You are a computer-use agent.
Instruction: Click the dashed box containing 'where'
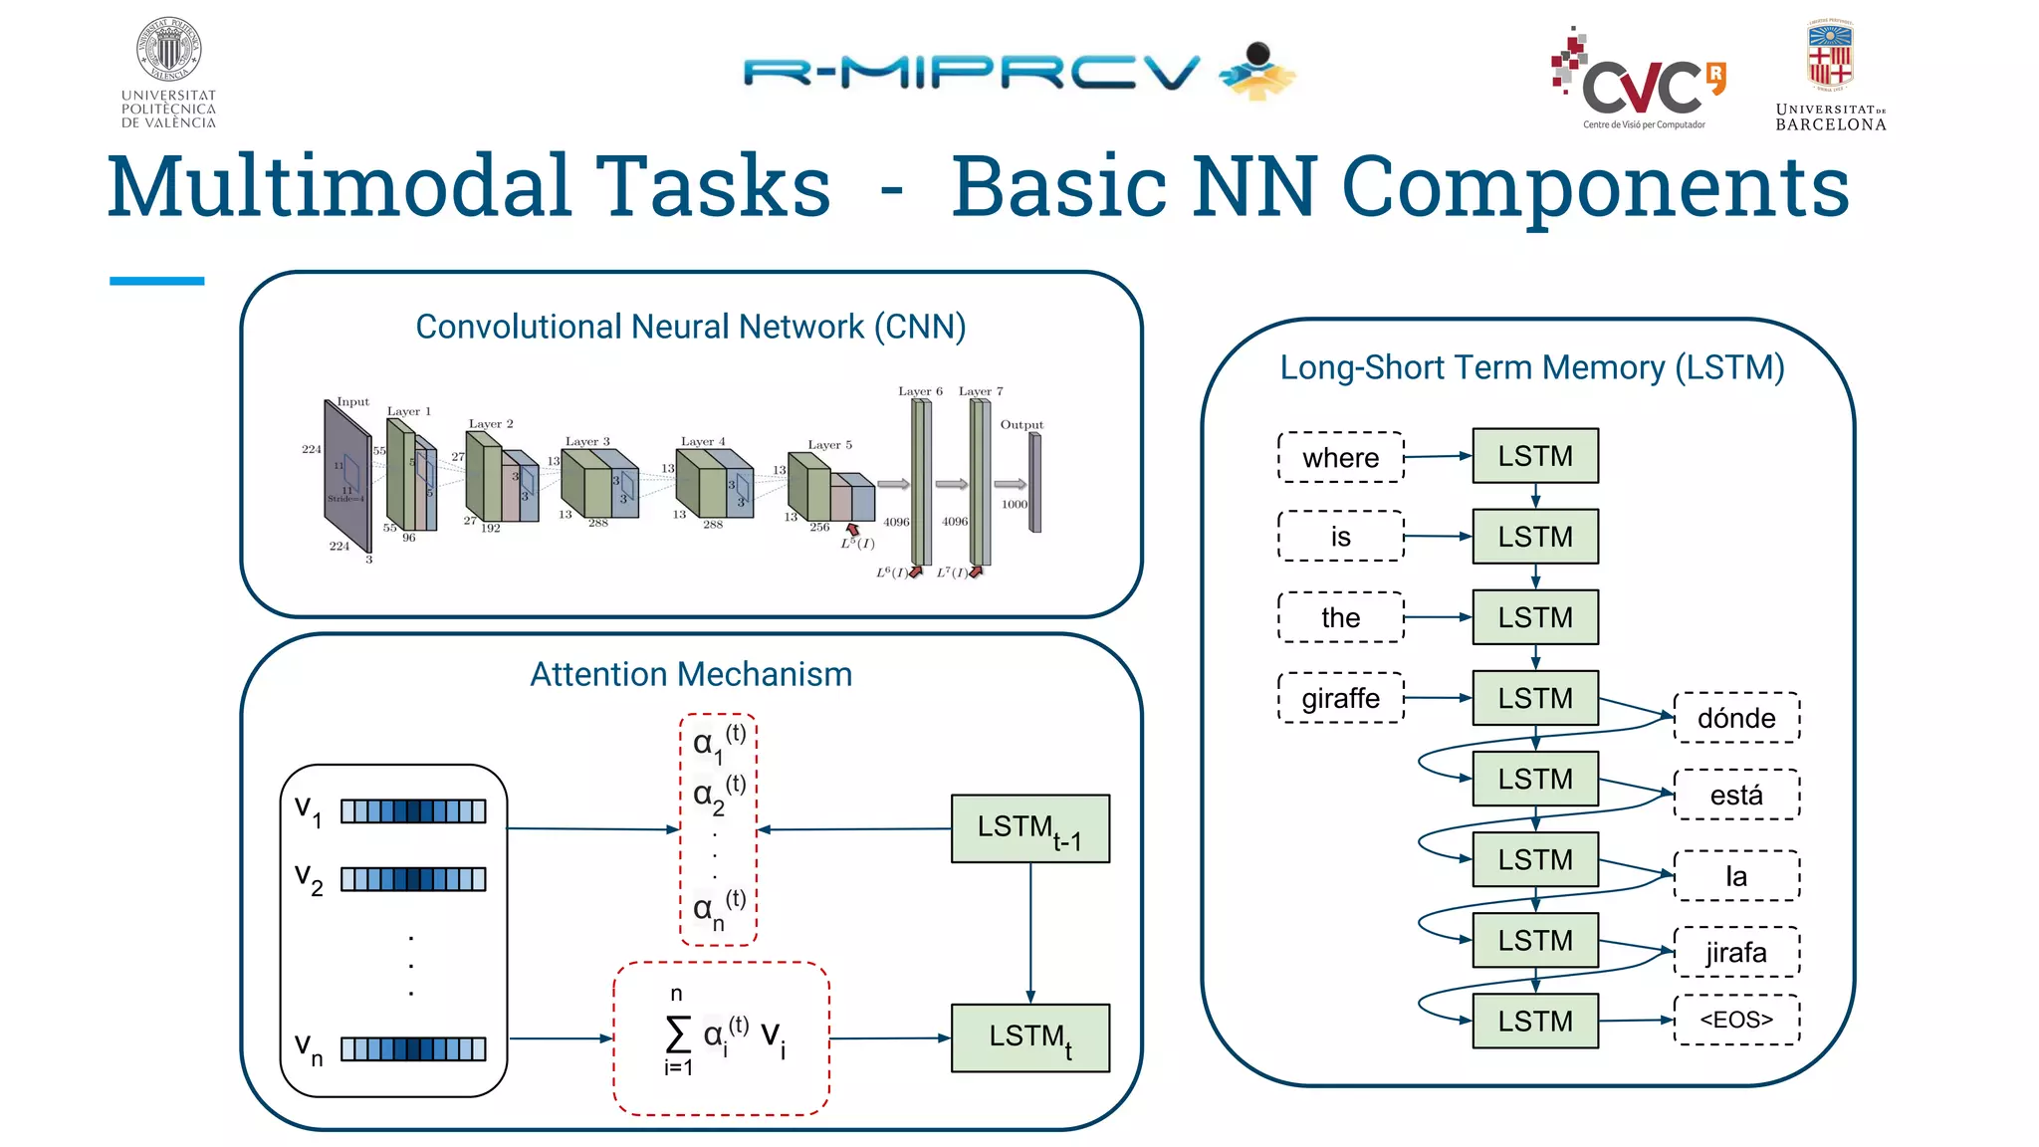[1340, 457]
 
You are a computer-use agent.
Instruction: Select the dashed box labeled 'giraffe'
[1340, 698]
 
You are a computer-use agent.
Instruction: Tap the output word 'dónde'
[1736, 718]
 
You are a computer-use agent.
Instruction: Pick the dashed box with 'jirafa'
[1736, 953]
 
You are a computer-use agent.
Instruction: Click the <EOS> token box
[1736, 1020]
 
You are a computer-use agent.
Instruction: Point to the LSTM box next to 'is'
[1535, 537]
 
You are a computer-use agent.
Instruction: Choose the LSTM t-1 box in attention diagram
[1029, 828]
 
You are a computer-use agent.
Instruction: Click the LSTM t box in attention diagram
[1029, 1037]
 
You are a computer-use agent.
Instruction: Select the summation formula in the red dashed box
[722, 1037]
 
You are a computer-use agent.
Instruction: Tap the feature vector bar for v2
[413, 879]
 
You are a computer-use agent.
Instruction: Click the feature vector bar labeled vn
[413, 1048]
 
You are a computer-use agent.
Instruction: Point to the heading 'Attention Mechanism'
[691, 674]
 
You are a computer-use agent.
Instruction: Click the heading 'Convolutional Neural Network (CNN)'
[691, 327]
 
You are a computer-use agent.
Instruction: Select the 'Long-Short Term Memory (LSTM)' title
[1531, 367]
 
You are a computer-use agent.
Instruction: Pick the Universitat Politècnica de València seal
[168, 50]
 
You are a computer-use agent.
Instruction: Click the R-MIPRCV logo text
[971, 73]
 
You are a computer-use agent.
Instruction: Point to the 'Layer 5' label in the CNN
[829, 445]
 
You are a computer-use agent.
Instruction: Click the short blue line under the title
[156, 282]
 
